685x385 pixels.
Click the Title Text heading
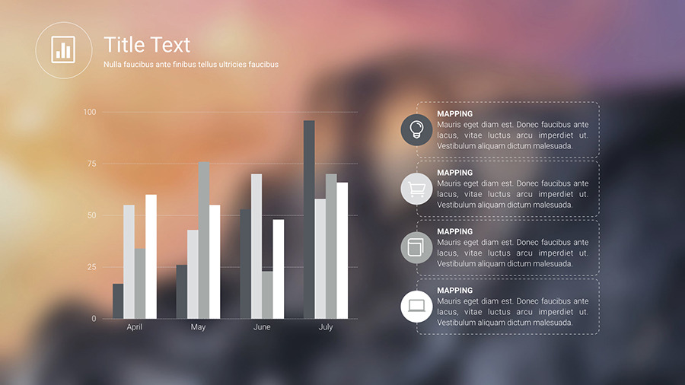point(147,44)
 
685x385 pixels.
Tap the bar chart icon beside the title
point(63,50)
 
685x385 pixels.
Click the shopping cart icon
point(416,188)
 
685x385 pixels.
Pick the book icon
point(416,247)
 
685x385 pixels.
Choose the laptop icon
point(416,306)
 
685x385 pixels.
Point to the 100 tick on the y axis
point(91,113)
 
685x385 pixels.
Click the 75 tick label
point(92,164)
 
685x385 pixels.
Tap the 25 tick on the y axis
point(92,267)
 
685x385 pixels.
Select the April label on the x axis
point(135,327)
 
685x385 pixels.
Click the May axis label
point(198,327)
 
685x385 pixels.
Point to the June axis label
point(262,327)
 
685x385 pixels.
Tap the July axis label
point(326,327)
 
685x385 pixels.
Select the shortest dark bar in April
point(118,301)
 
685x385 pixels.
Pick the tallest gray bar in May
point(204,240)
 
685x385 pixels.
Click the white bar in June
point(279,269)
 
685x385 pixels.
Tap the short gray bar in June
point(267,295)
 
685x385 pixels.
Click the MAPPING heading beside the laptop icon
point(454,291)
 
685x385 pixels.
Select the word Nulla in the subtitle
point(113,65)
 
